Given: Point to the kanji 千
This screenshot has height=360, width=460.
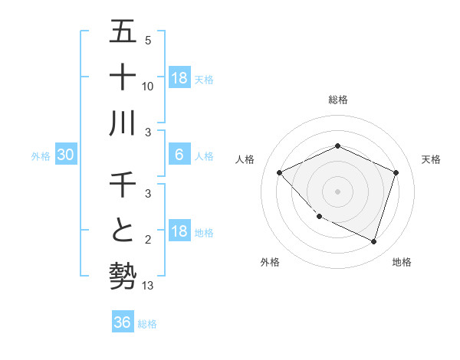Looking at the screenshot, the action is [123, 185].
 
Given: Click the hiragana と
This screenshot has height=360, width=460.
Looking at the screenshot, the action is [123, 231].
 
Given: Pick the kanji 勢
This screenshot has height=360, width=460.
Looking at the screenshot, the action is [123, 276].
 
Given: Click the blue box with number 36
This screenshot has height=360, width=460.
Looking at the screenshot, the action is [122, 322].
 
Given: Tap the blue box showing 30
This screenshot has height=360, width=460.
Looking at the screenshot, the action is [65, 155].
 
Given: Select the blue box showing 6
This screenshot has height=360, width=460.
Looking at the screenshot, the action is [179, 155].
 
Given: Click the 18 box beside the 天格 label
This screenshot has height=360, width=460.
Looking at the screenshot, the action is [179, 77].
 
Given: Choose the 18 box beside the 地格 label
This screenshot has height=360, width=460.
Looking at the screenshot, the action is [179, 231].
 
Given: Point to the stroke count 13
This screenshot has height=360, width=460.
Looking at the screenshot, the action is [148, 286].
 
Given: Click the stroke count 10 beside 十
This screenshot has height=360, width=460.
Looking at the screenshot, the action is [148, 86].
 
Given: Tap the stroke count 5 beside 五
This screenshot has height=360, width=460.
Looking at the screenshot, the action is [148, 40].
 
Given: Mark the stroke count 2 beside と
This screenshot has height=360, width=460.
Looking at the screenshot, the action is [148, 241].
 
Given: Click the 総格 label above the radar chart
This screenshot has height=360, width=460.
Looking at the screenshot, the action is [337, 100].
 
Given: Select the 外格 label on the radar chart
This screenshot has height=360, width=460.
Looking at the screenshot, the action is [270, 262].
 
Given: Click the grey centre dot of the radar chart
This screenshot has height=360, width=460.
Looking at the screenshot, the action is [337, 191].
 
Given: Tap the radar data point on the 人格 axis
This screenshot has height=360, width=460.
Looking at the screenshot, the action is [280, 173].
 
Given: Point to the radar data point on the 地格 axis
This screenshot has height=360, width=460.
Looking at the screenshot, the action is [373, 241].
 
